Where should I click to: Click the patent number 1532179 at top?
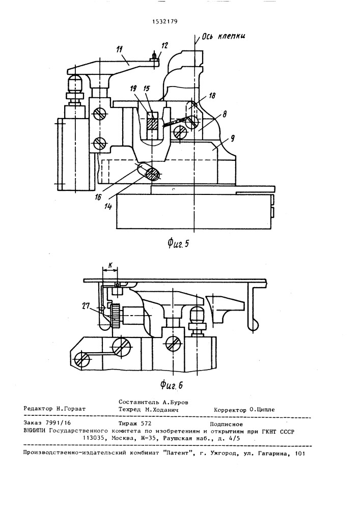pos(165,22)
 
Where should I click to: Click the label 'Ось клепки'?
pos(224,37)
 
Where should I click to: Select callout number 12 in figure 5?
pos(164,45)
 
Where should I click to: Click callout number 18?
pos(213,96)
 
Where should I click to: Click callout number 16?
pos(98,196)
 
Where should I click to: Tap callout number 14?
pos(108,206)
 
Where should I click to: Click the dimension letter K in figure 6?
pos(110,265)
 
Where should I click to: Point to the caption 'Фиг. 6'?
pos(172,385)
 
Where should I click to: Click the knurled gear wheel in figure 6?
pos(116,316)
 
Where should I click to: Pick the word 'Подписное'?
pos(227,423)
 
